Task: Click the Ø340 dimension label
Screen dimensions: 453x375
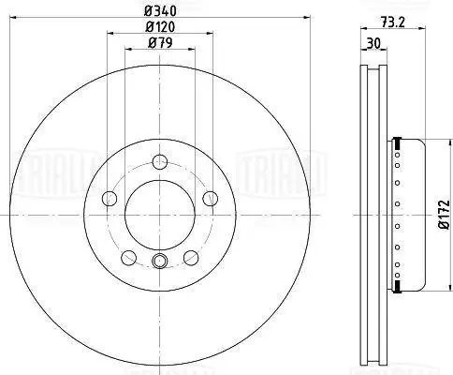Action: coord(160,11)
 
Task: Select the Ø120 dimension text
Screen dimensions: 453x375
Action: coord(160,27)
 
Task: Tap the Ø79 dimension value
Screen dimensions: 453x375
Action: coord(160,43)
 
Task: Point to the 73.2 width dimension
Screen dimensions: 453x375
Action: coord(392,22)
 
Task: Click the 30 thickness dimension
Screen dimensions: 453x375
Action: coord(373,44)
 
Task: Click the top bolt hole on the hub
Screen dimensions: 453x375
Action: coord(160,161)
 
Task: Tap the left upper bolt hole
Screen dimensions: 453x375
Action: coord(110,199)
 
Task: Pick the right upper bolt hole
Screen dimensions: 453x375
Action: coord(211,199)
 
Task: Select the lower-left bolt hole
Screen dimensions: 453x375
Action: coord(128,258)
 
